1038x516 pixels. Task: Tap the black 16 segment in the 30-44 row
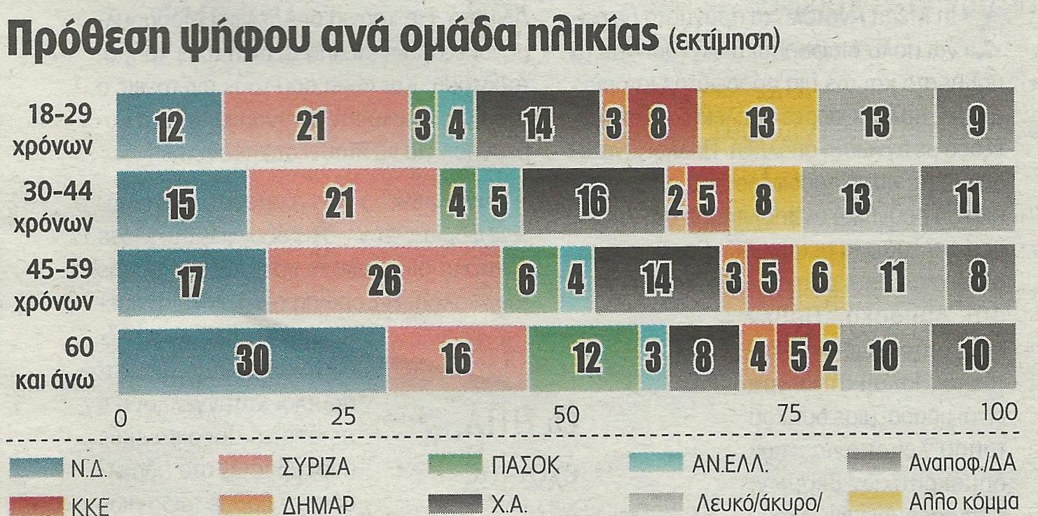coord(593,202)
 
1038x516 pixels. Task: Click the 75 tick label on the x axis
coord(789,416)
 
